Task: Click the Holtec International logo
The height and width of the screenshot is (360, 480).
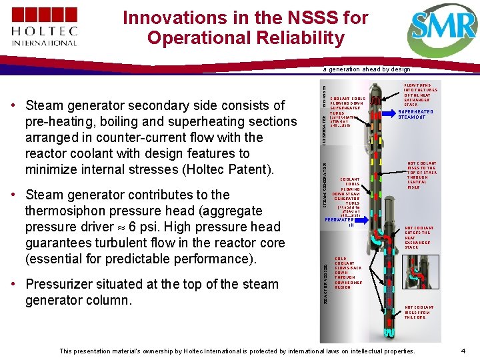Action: tap(44, 27)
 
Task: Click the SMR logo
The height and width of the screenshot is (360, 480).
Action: tap(443, 28)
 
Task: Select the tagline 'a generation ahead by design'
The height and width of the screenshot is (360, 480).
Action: tap(367, 69)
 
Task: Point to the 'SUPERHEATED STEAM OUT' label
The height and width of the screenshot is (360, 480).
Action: tap(415, 115)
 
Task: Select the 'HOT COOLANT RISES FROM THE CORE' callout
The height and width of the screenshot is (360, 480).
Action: tap(419, 312)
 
